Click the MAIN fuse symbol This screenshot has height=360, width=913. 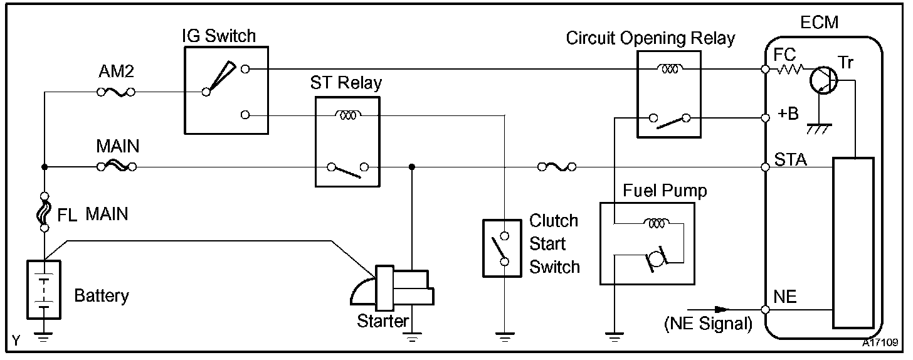pyautogui.click(x=117, y=167)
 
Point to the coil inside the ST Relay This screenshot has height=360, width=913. pyautogui.click(x=346, y=115)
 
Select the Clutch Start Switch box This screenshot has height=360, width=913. pyautogui.click(x=502, y=248)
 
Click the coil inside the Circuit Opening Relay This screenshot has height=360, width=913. pyautogui.click(x=669, y=68)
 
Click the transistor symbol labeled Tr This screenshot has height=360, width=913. pyautogui.click(x=823, y=79)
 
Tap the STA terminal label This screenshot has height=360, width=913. pyautogui.click(x=790, y=159)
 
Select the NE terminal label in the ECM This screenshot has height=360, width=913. pyautogui.click(x=786, y=297)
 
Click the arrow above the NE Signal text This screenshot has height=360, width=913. pyautogui.click(x=709, y=309)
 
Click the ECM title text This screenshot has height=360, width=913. pyautogui.click(x=819, y=23)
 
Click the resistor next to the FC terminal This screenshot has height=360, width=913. pyautogui.click(x=789, y=70)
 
